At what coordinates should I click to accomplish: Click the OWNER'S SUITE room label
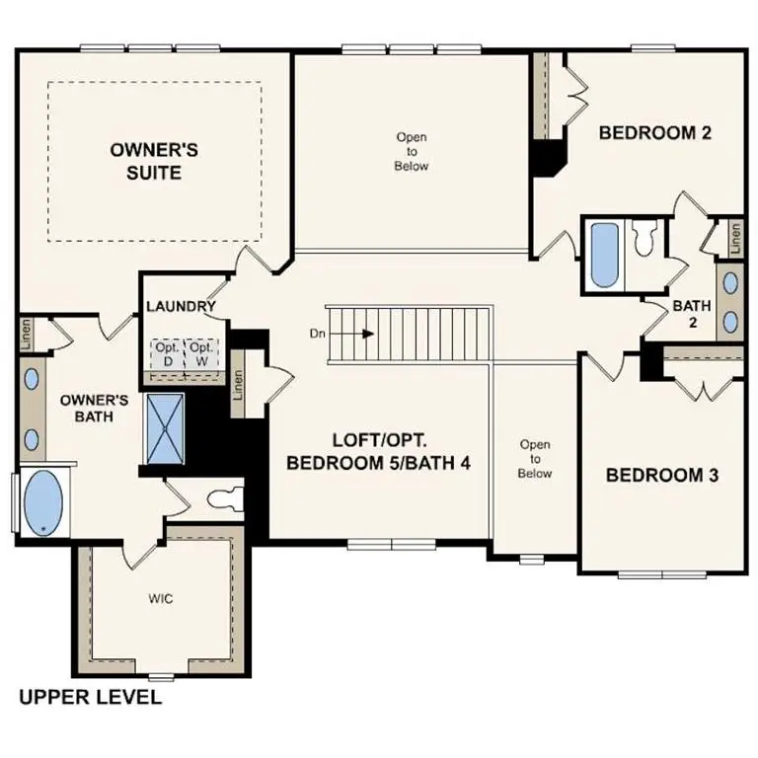tap(154, 161)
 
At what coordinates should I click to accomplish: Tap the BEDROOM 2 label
tap(655, 133)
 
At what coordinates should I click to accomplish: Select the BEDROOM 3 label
tap(661, 475)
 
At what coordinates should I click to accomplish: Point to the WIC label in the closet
tap(162, 599)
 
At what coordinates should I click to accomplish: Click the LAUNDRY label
tap(181, 306)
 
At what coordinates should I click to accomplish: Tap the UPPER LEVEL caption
tap(90, 698)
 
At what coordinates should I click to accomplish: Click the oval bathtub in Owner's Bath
tap(42, 503)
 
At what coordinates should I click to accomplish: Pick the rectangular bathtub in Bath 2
tap(603, 255)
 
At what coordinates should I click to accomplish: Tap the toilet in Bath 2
tap(645, 238)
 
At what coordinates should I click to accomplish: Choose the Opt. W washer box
tap(201, 353)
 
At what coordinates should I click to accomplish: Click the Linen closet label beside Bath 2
tap(735, 237)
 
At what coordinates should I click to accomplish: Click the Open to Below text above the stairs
tap(412, 151)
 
